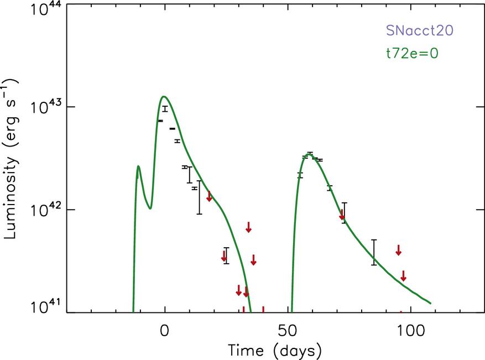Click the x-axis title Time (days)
point(274,349)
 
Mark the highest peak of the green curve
point(164,97)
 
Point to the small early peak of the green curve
point(138,166)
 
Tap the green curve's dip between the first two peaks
point(150,208)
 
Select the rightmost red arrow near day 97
point(404,275)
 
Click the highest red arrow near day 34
point(249,226)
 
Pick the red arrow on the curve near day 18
point(209,196)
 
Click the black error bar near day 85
point(374,252)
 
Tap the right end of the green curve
point(430,303)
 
